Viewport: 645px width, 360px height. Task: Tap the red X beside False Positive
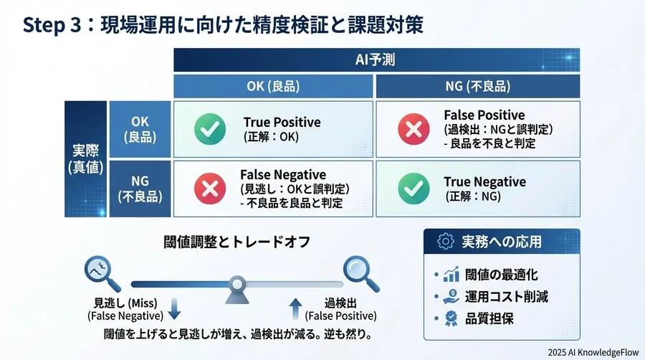(413, 129)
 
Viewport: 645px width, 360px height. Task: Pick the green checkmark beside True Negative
(413, 188)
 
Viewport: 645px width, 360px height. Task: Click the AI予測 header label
(375, 60)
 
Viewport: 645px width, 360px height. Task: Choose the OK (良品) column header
(273, 86)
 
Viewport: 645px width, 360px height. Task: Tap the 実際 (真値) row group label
(86, 159)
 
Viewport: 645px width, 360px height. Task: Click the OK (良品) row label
(140, 129)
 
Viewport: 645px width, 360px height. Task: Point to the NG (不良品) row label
(140, 188)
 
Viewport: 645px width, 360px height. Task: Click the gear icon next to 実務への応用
(445, 242)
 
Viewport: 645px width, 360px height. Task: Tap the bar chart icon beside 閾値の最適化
(451, 275)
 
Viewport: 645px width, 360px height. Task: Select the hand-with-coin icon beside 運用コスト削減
(451, 296)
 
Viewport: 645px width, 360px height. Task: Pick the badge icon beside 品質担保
(451, 318)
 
